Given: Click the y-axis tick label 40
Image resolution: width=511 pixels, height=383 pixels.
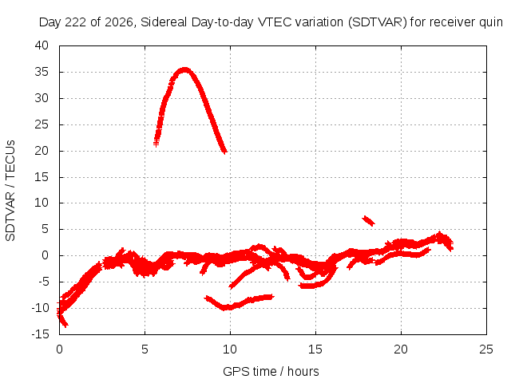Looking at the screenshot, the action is pyautogui.click(x=42, y=45).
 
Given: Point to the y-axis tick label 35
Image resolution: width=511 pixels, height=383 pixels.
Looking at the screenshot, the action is pyautogui.click(x=42, y=72).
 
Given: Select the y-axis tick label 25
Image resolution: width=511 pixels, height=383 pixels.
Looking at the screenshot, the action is pyautogui.click(x=42, y=124).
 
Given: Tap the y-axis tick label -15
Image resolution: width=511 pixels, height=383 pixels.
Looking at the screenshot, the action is pyautogui.click(x=40, y=334).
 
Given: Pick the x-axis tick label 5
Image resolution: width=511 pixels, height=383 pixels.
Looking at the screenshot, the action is pyautogui.click(x=145, y=349).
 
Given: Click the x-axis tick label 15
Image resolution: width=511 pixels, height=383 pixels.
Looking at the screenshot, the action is pyautogui.click(x=315, y=349).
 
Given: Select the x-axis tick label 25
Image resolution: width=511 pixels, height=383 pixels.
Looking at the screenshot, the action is pyautogui.click(x=486, y=349).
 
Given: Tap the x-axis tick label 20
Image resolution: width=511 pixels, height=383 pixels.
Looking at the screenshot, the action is pyautogui.click(x=401, y=349).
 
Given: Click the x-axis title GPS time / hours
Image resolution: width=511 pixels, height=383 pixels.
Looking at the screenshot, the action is pyautogui.click(x=271, y=372).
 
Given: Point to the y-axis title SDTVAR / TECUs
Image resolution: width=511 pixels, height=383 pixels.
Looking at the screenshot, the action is pyautogui.click(x=10, y=191).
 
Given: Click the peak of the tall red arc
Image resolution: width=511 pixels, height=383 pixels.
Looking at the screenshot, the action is pyautogui.click(x=184, y=69).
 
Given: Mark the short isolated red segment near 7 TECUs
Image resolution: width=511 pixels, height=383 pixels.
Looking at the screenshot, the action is pyautogui.click(x=368, y=220).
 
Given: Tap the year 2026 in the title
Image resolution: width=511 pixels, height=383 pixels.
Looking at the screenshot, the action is pyautogui.click(x=119, y=22).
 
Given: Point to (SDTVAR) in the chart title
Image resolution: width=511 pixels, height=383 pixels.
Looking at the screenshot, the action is pyautogui.click(x=378, y=22).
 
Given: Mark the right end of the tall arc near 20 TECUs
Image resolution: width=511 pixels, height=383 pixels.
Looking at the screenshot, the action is pyautogui.click(x=224, y=152).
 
